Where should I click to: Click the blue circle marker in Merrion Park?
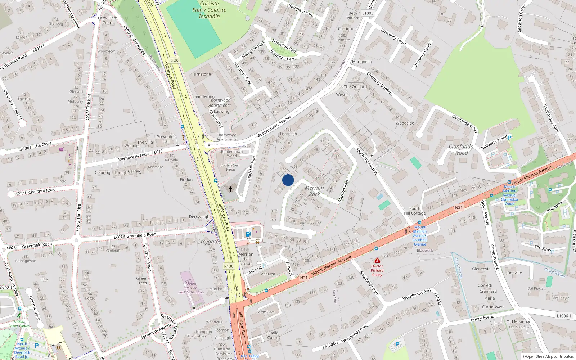(288, 180)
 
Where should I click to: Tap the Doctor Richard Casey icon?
(377, 261)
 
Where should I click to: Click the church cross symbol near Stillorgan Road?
(230, 189)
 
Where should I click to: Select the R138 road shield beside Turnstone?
(174, 60)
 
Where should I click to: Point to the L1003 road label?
(368, 13)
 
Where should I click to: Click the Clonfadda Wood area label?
(461, 150)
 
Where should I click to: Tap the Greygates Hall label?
(166, 139)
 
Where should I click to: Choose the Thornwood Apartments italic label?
(220, 103)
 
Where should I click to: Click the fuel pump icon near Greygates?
(248, 234)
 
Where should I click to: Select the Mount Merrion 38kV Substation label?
(191, 288)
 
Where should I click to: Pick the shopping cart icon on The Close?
(62, 149)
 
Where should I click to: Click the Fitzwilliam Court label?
(107, 20)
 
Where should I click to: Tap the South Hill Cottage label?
(415, 211)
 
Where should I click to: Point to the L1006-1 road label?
(564, 316)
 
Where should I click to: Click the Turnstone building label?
(201, 74)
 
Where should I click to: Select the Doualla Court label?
(273, 335)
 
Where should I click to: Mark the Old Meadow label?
(518, 321)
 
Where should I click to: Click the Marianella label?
(362, 62)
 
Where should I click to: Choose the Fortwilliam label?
(266, 312)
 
